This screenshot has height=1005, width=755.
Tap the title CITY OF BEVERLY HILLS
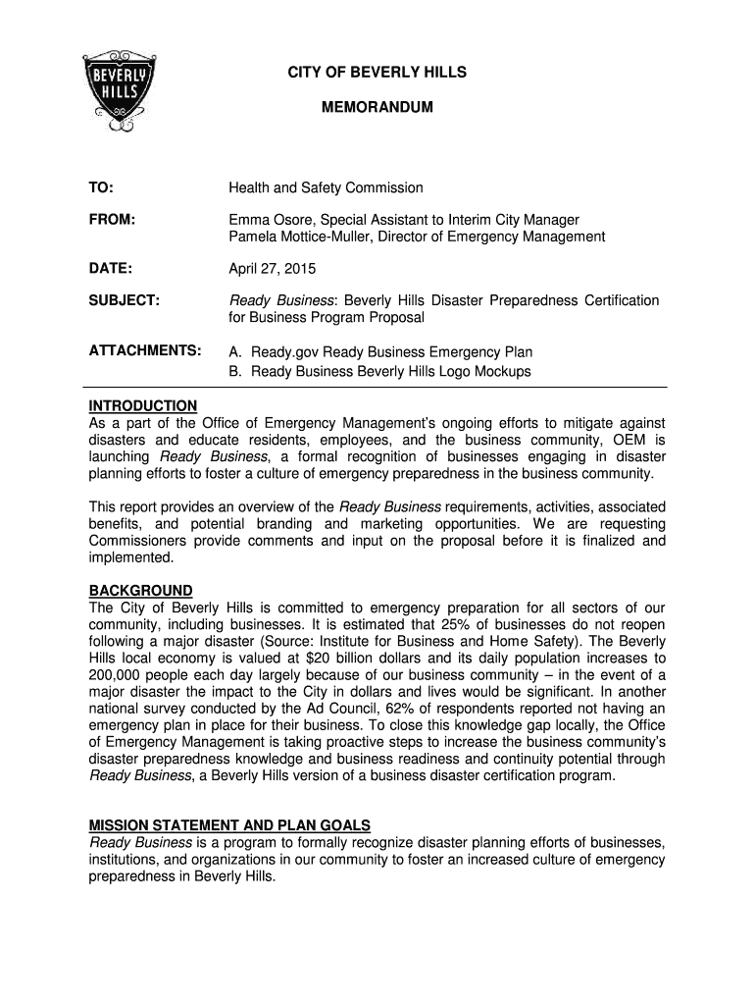[377, 73]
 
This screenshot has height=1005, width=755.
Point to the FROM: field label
[110, 220]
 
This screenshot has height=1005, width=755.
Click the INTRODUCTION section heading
[143, 406]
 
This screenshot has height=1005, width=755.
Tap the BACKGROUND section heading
[141, 591]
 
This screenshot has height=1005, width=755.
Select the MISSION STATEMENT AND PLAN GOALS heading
[229, 824]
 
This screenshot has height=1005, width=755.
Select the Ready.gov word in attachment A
[285, 351]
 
